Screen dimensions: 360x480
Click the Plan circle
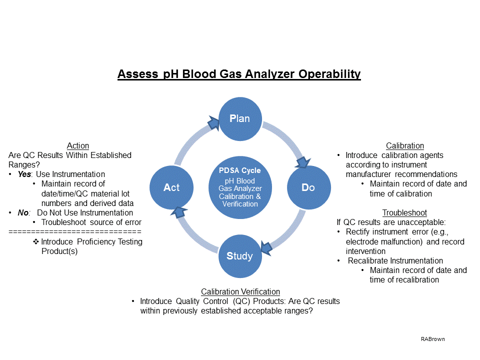pos(239,118)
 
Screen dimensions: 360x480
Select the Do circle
pos(308,187)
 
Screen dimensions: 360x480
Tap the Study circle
pos(239,256)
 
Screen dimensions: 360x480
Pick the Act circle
pos(171,187)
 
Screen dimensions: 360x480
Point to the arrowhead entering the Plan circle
pos(213,120)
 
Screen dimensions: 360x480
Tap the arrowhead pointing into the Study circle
pos(265,246)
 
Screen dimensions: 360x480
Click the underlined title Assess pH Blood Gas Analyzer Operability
pos(239,74)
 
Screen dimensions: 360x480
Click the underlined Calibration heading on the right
pos(405,146)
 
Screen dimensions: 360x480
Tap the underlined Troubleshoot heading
pos(404,213)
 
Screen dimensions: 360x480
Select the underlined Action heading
pos(78,146)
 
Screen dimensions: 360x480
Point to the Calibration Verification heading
pos(240,291)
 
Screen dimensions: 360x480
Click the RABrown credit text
pos(432,339)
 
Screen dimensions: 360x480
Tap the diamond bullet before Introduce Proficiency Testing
pos(36,242)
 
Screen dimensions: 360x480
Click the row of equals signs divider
pos(75,232)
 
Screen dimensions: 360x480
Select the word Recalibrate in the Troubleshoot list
pos(370,261)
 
